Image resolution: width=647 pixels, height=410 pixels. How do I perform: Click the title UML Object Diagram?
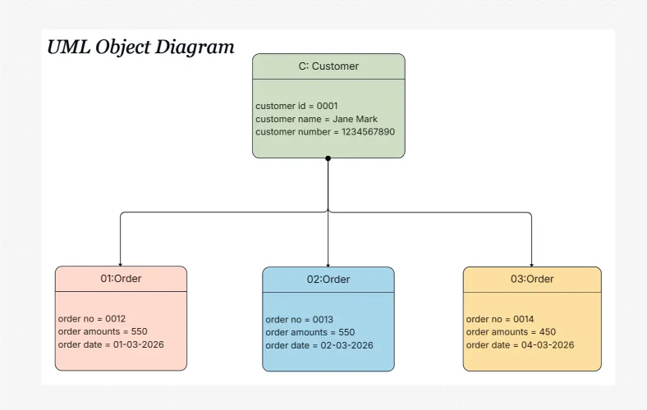[140, 47]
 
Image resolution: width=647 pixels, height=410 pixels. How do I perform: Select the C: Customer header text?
[328, 66]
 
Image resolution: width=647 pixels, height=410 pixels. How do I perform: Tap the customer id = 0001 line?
[296, 106]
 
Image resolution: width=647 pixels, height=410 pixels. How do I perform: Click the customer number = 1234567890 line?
[325, 132]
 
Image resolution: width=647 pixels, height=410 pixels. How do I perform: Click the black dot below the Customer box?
[328, 158]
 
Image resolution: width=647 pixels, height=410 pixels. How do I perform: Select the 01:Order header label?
[121, 279]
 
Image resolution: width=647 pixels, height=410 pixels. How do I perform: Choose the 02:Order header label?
[328, 280]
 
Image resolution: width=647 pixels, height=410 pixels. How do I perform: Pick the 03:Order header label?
[532, 280]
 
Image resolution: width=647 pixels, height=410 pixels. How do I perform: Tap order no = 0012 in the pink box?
[91, 318]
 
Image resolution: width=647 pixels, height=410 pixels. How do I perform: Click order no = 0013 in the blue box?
[299, 319]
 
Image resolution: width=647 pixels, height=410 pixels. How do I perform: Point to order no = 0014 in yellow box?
[499, 319]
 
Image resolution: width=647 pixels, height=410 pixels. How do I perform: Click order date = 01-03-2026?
[111, 344]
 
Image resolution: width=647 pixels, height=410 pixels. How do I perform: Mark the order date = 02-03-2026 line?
[319, 345]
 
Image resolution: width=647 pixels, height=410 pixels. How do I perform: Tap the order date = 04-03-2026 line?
[520, 345]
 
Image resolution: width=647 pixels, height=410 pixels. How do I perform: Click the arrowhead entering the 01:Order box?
[121, 263]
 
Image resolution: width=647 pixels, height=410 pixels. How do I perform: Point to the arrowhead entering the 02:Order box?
[328, 264]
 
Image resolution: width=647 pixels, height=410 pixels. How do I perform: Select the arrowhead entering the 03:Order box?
[531, 264]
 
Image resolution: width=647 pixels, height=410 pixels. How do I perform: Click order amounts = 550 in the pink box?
[103, 331]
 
